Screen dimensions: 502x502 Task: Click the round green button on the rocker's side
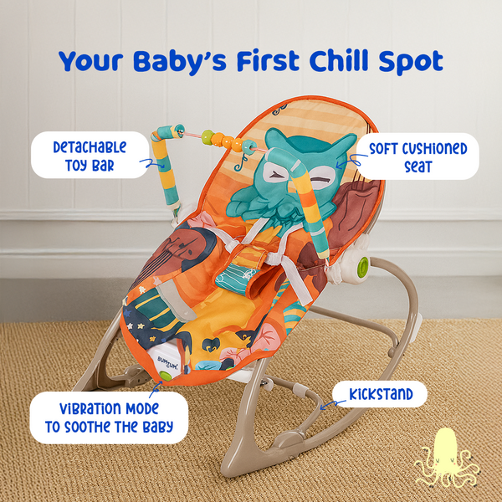tap(363, 266)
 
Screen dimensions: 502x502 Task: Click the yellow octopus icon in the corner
tap(448, 456)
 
